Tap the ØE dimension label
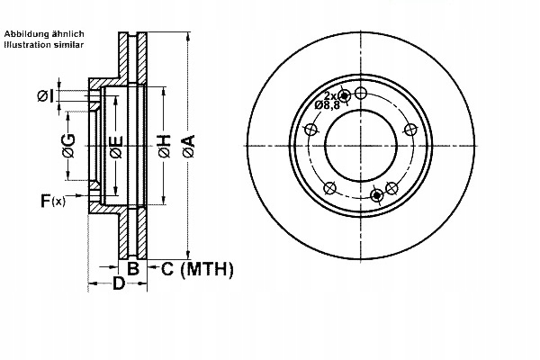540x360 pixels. click(x=115, y=146)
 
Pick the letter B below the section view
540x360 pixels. click(x=131, y=268)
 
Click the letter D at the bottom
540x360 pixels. click(x=119, y=285)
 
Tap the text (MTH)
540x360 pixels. click(x=207, y=268)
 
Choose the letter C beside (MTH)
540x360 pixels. click(x=167, y=268)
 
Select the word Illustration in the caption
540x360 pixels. click(x=30, y=43)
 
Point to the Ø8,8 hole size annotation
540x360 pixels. click(x=327, y=106)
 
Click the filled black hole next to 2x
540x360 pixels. click(x=344, y=94)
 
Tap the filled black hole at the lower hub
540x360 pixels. click(x=377, y=195)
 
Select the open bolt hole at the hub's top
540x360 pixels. click(x=361, y=93)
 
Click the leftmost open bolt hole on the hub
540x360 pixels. click(x=312, y=127)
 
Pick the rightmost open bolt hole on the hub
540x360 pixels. click(x=409, y=128)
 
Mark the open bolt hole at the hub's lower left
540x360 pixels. click(x=329, y=187)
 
